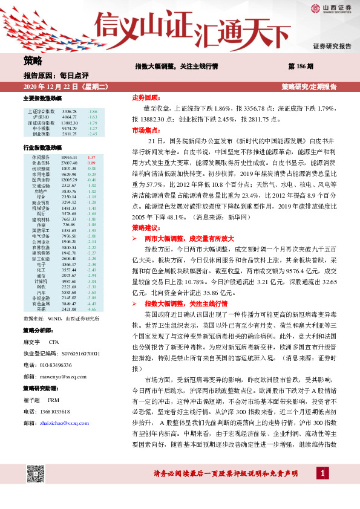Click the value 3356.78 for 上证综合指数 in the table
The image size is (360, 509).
pos(70,112)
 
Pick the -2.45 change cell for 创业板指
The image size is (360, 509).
pos(93,134)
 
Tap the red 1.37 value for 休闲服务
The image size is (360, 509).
pos(92,157)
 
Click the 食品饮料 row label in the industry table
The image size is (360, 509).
pos(41,163)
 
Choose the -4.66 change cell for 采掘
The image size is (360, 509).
pos(92,309)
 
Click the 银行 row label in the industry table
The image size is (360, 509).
pos(41,213)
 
